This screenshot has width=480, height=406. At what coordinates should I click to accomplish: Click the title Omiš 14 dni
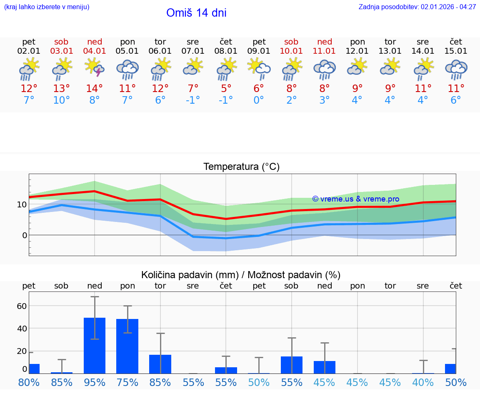[x=196, y=13]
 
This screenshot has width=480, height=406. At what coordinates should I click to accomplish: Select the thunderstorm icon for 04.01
[x=95, y=67]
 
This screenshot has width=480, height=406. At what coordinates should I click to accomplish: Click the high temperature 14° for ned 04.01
[x=95, y=89]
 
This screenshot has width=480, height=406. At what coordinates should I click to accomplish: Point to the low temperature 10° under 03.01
[x=62, y=100]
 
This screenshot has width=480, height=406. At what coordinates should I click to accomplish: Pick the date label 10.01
[x=291, y=51]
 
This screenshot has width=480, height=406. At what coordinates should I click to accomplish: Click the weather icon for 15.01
[x=456, y=69]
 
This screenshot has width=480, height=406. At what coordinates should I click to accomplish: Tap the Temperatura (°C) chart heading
[x=241, y=167]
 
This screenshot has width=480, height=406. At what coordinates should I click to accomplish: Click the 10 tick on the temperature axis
[x=22, y=204]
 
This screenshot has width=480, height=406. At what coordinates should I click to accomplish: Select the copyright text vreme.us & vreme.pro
[x=356, y=199]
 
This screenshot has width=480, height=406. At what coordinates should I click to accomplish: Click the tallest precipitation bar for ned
[x=95, y=345]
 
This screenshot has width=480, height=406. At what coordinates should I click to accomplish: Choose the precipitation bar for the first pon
[x=127, y=346]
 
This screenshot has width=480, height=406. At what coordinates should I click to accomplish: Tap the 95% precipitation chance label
[x=95, y=383]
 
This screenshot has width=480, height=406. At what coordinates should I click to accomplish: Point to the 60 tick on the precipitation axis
[x=22, y=306]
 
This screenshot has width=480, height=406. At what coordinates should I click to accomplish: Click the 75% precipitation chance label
[x=127, y=383]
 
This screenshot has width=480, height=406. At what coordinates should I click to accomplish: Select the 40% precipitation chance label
[x=423, y=383]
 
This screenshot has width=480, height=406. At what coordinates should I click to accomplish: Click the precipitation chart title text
[x=241, y=275]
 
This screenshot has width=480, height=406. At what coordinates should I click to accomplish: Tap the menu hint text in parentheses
[x=47, y=7]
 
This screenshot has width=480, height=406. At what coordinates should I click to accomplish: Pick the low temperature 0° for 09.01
[x=259, y=100]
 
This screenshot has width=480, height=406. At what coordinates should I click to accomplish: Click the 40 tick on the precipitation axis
[x=22, y=329]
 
